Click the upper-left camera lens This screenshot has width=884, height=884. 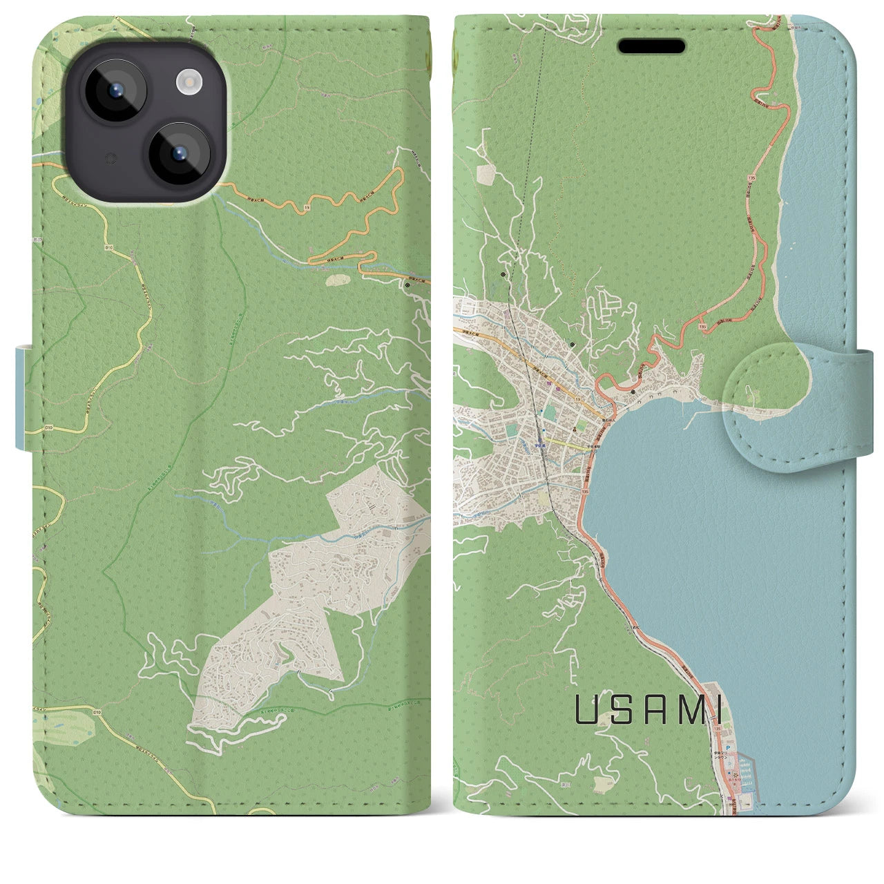coord(113,90)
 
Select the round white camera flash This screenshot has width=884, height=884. coord(187,84)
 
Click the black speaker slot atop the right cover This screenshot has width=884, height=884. coord(651,46)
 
